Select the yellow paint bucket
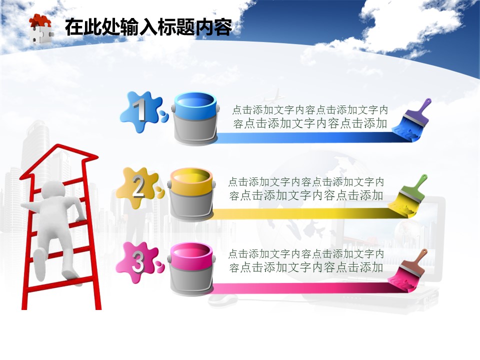191,194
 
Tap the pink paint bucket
191,269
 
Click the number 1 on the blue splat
139,109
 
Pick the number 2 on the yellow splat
138,186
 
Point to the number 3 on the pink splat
138,261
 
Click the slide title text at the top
149,27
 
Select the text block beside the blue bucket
310,116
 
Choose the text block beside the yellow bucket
306,188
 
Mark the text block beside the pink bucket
306,261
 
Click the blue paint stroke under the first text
306,137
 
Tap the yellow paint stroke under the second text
303,213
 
